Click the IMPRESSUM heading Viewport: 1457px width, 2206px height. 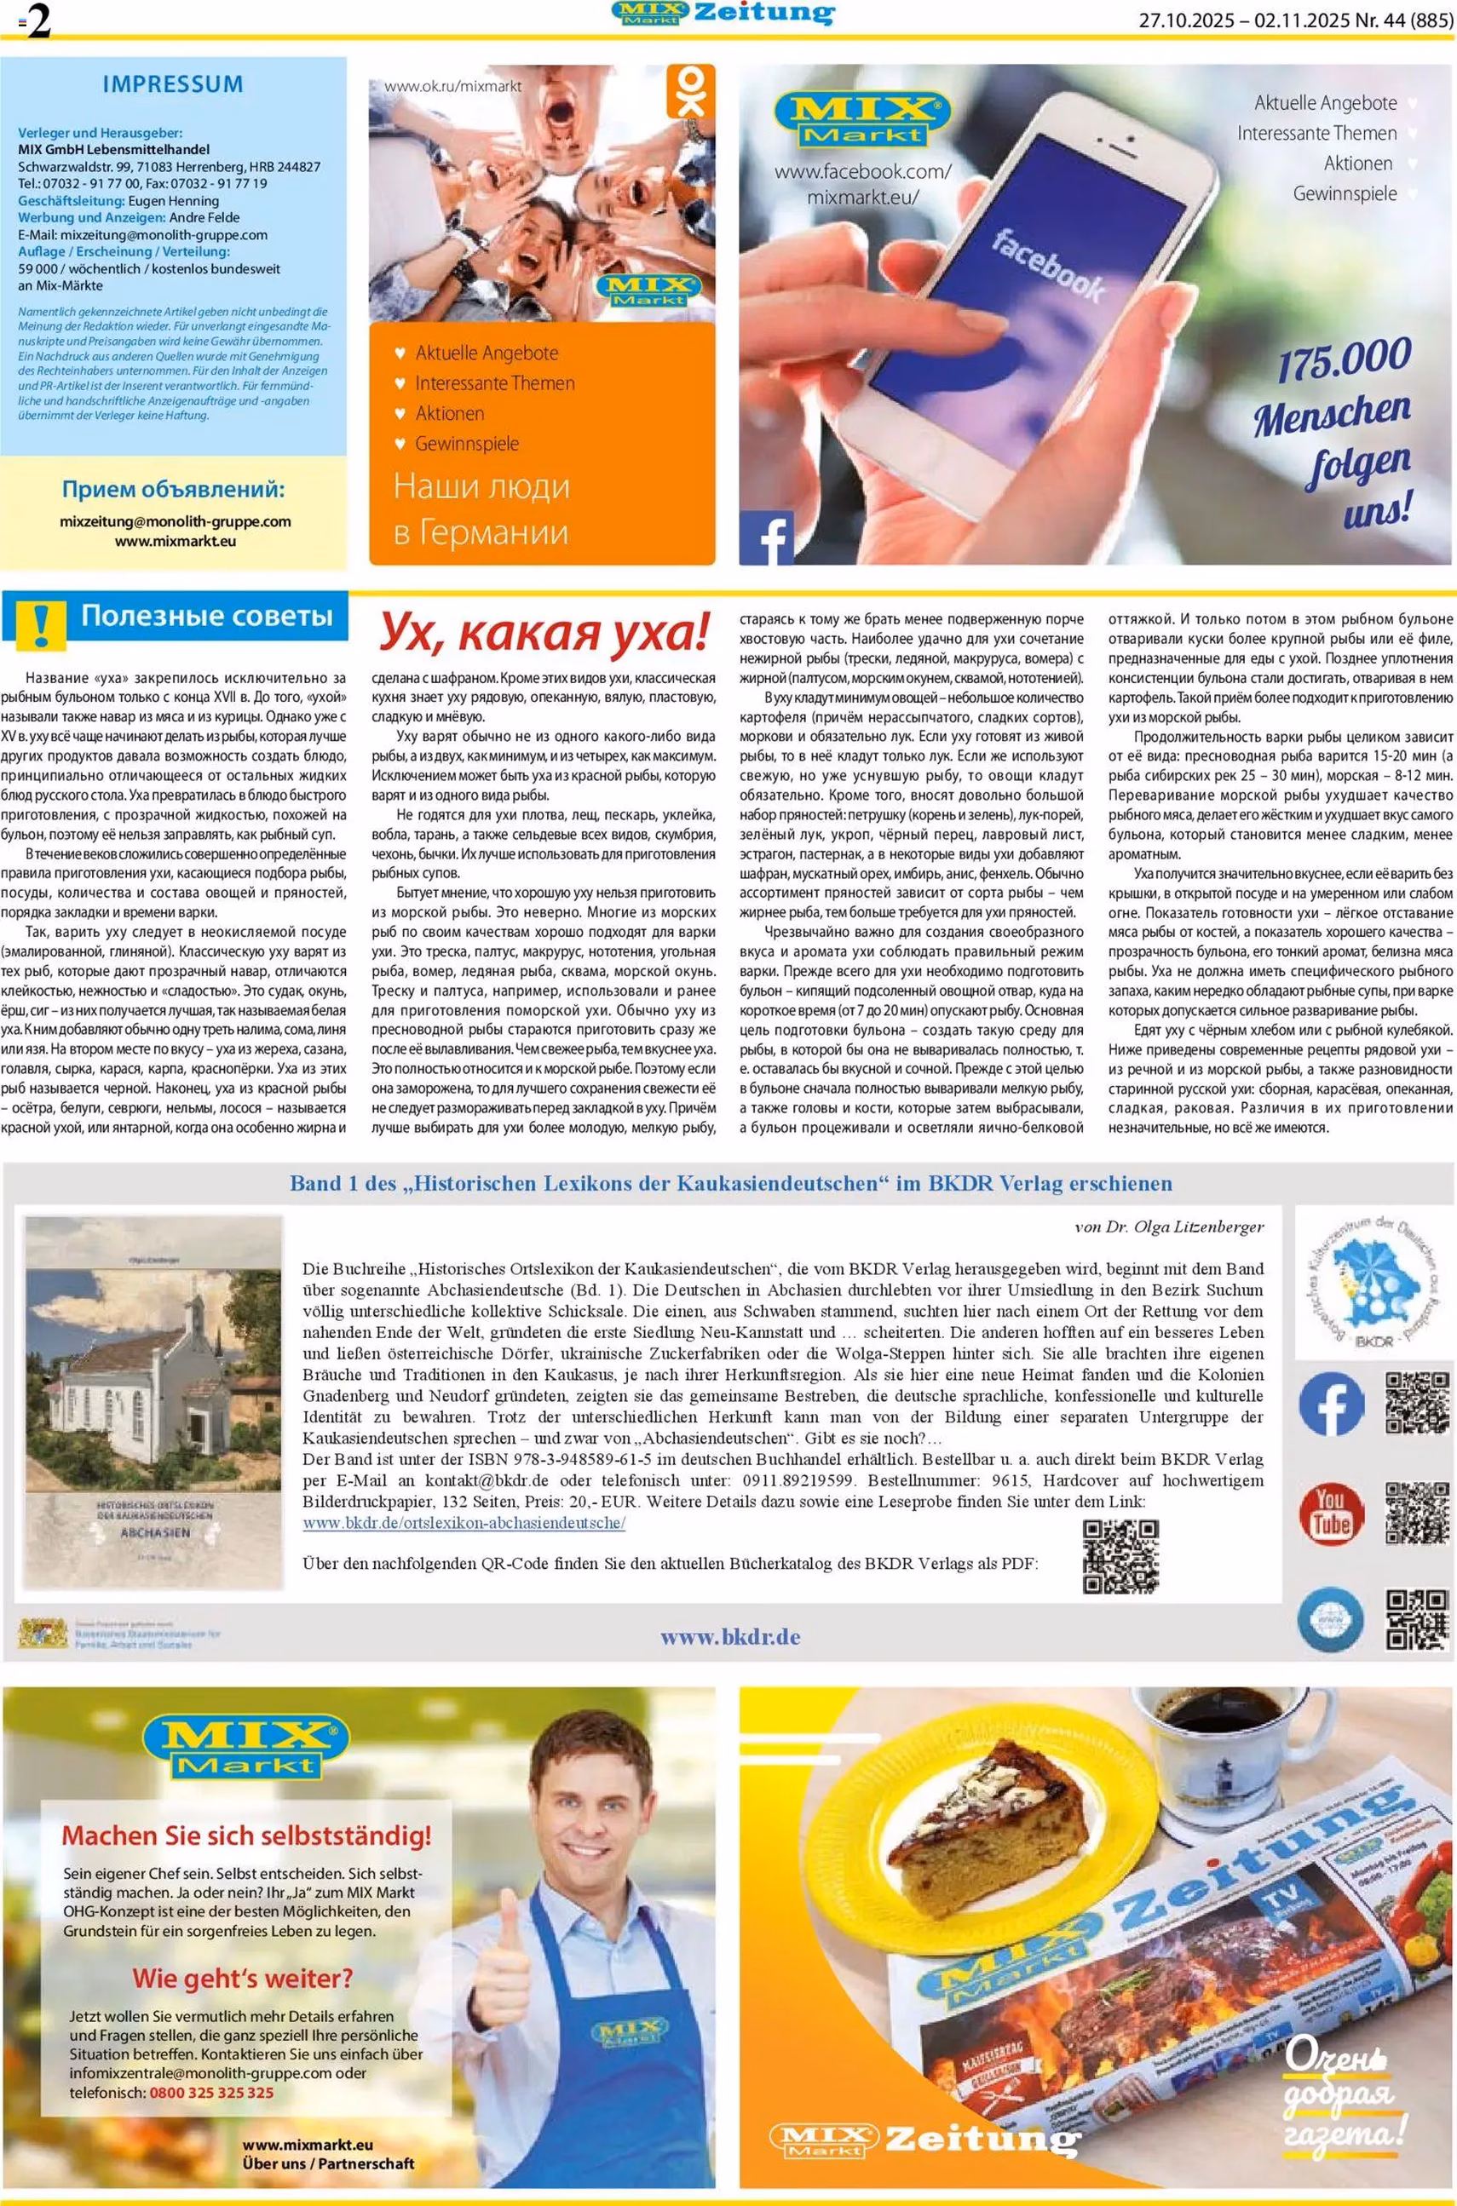click(173, 84)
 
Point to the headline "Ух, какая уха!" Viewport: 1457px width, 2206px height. click(544, 633)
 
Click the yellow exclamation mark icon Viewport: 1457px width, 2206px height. click(37, 623)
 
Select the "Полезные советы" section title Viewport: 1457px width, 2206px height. click(206, 616)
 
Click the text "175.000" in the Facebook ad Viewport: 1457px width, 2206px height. click(1344, 359)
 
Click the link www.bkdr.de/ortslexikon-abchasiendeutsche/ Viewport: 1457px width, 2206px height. click(464, 1522)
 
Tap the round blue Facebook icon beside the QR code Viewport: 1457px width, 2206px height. click(1331, 1405)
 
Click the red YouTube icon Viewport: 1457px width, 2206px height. click(1331, 1513)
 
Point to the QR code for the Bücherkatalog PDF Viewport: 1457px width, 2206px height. click(1120, 1556)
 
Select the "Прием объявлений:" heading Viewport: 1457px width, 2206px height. click(174, 490)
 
